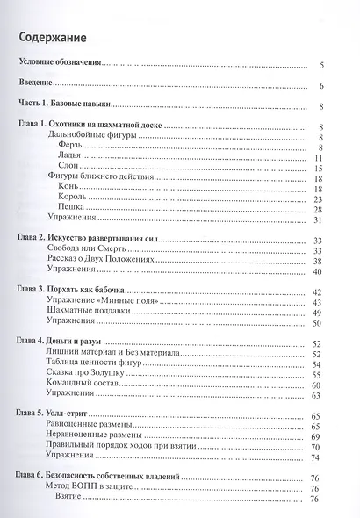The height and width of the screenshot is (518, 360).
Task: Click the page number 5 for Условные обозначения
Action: click(323, 66)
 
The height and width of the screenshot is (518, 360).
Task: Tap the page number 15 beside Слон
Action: click(321, 169)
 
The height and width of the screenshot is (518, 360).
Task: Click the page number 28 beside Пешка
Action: click(321, 210)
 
